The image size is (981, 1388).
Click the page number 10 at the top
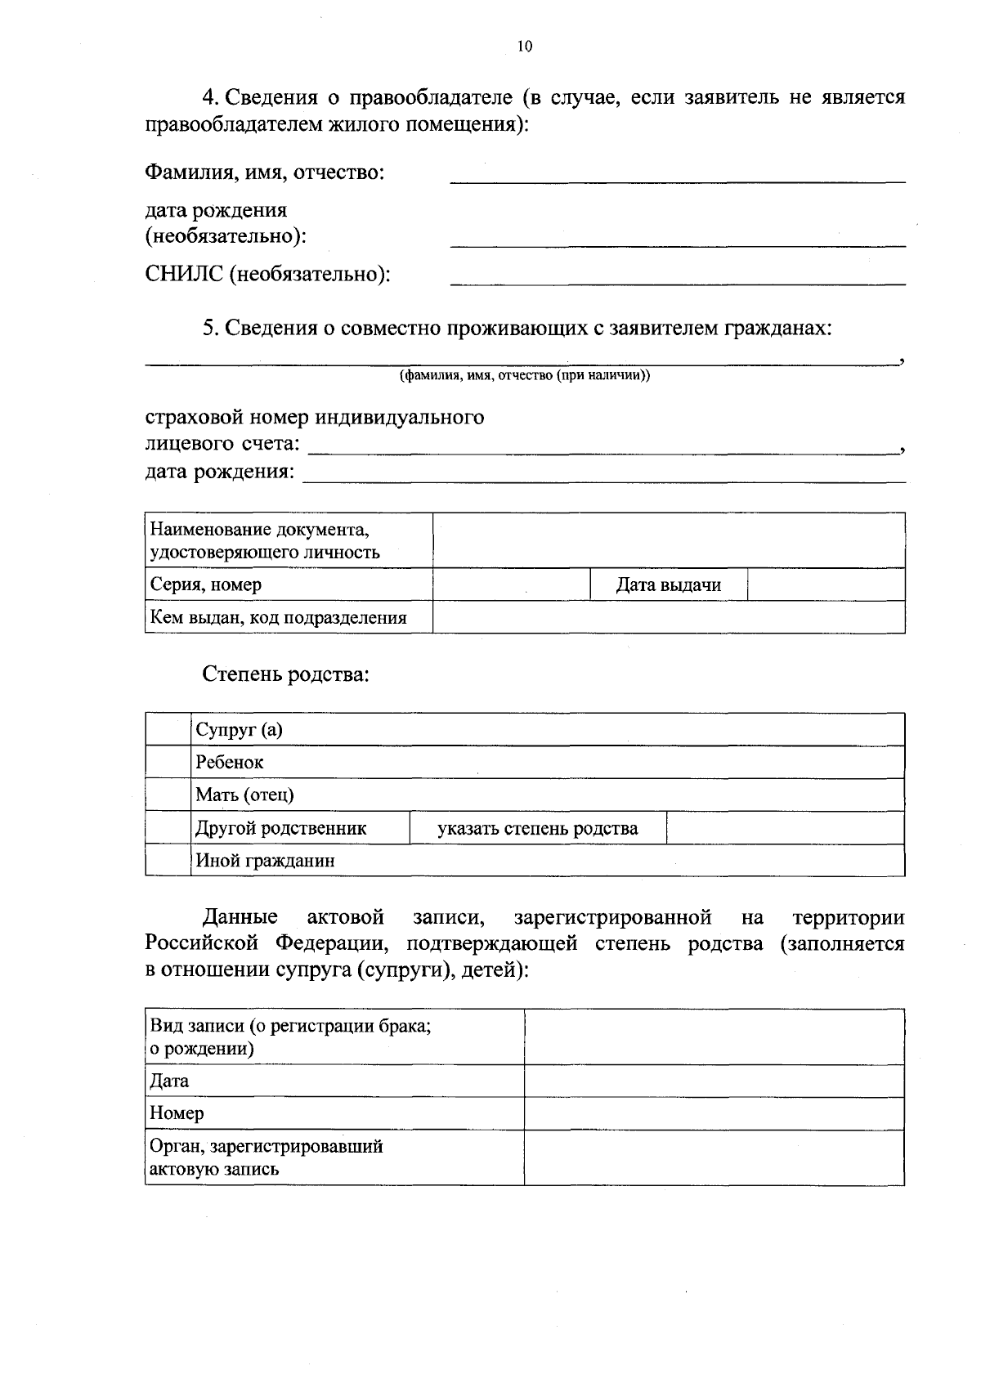(x=525, y=47)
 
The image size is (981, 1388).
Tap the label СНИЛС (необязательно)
(x=267, y=275)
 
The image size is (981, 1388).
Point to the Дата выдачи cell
(x=668, y=585)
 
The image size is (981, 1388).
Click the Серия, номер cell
(x=289, y=585)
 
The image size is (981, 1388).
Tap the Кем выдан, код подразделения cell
(x=289, y=618)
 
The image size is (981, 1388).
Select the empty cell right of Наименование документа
(x=668, y=541)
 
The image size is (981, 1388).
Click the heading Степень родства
(x=285, y=675)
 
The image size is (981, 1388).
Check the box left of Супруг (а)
(x=168, y=730)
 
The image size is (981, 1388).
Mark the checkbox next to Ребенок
(x=168, y=763)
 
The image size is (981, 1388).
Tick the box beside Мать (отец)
(x=168, y=795)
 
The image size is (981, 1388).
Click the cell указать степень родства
(x=537, y=829)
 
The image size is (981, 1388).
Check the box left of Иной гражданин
(x=168, y=861)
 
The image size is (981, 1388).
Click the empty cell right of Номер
(x=714, y=1114)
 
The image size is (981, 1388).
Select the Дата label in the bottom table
(x=170, y=1081)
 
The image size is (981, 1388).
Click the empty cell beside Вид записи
(x=714, y=1037)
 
